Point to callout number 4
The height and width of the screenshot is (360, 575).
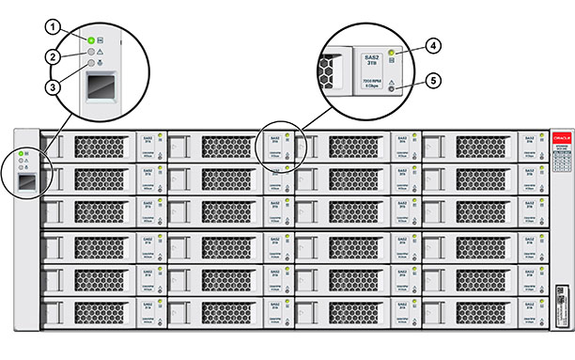pos(434,44)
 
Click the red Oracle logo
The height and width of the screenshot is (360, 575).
pos(562,133)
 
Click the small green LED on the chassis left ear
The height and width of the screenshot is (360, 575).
pos(21,153)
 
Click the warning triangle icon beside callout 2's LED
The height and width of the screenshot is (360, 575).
pos(101,52)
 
